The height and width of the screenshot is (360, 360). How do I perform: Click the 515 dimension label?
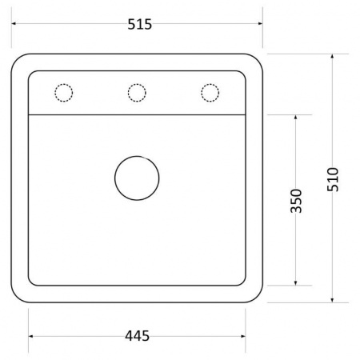point(139,24)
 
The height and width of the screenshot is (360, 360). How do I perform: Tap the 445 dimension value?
point(137,336)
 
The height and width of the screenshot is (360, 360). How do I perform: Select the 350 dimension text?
point(296,201)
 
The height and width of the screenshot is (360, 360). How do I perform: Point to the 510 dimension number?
point(333,179)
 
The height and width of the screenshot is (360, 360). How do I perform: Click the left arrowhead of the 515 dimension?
point(14,23)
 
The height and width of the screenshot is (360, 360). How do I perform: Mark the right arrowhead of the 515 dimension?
point(261,23)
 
